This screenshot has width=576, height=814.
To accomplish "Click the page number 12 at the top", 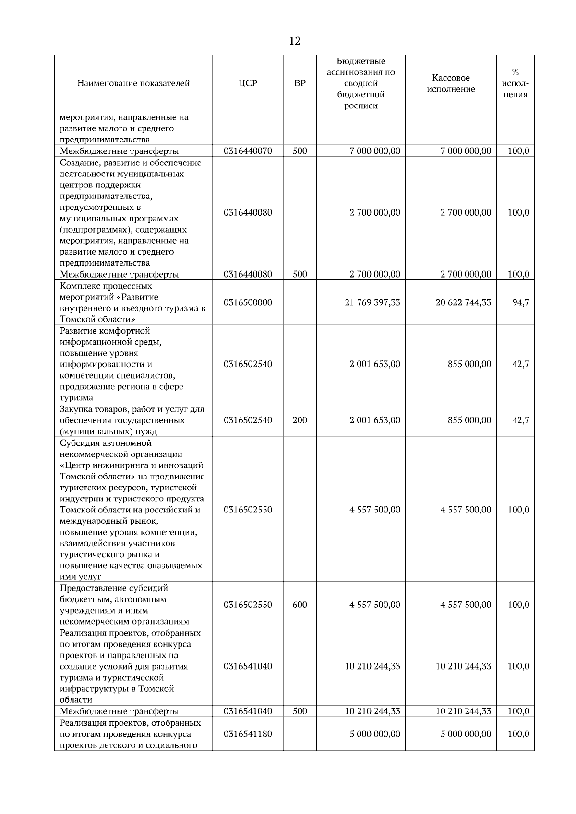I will point(295,41).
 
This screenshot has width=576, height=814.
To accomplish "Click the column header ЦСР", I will point(248,83).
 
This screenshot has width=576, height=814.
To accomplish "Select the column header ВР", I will point(300,83).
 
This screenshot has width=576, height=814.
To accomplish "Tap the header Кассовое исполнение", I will point(451,83).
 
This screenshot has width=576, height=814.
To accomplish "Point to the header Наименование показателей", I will point(133,83).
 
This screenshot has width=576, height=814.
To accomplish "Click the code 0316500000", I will point(248,302).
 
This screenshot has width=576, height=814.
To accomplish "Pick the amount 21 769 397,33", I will point(372,302).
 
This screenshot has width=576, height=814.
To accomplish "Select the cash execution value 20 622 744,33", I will point(463,302).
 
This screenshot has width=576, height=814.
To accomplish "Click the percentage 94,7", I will point(520,302).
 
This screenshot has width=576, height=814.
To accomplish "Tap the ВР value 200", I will point(300,420).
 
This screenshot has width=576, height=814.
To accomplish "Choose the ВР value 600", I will point(300,605).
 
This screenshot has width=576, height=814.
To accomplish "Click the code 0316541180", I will point(248,734).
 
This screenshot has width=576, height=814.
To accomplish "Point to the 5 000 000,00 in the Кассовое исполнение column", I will point(466,734).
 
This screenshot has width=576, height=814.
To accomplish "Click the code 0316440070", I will point(248,151).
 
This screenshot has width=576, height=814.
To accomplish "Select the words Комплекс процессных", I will point(106,286).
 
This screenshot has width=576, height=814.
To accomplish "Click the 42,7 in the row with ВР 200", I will point(520,420).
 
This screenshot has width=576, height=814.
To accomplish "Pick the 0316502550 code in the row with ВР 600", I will point(248,605).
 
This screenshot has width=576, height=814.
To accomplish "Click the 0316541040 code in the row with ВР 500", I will point(248,711).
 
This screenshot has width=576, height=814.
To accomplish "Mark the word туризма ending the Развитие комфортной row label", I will point(76,398).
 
